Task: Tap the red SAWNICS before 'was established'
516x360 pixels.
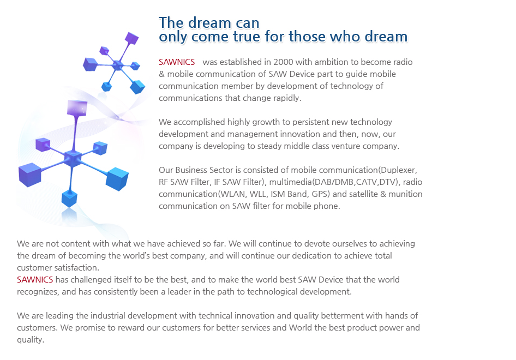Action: (x=177, y=62)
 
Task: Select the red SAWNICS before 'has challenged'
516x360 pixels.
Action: (x=35, y=280)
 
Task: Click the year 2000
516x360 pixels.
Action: (x=283, y=62)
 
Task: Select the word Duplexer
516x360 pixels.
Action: (x=399, y=171)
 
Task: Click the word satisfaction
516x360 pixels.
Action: (x=77, y=268)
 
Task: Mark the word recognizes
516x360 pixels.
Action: (x=38, y=292)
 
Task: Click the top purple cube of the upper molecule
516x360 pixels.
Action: (x=131, y=38)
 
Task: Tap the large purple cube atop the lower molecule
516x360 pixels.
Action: (x=77, y=108)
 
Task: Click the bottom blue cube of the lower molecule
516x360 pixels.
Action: (x=69, y=199)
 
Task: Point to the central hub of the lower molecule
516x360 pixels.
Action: (x=73, y=159)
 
